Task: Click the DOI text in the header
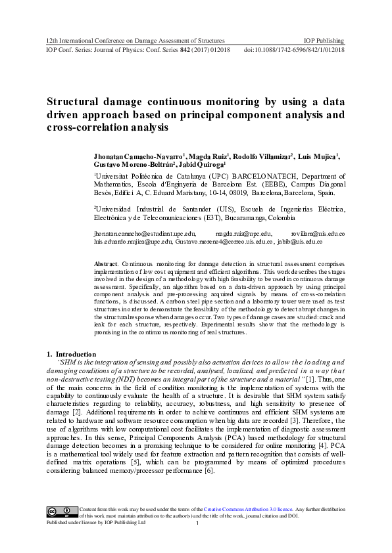coord(294,50)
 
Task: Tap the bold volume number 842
coord(178,50)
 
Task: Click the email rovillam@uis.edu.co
coord(318,233)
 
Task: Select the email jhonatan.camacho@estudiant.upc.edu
coord(145,233)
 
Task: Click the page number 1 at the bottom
coord(197,523)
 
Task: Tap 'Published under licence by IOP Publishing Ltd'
coord(95,523)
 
